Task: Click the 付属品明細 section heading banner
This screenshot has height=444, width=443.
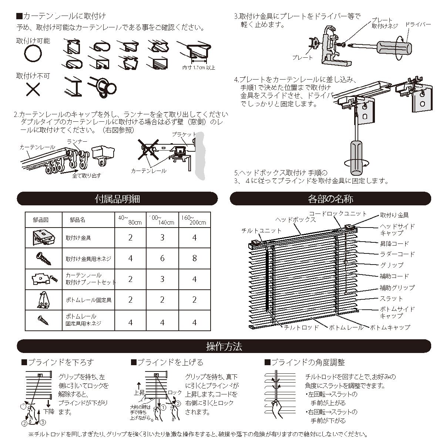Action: click(117, 199)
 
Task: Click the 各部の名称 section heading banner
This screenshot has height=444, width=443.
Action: click(330, 199)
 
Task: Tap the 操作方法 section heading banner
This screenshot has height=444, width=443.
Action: click(224, 346)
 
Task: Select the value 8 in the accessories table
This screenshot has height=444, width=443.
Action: click(195, 258)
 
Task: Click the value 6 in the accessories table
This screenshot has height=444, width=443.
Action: click(162, 258)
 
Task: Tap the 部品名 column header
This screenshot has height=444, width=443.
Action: click(77, 220)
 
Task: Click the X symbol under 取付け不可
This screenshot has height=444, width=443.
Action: click(33, 89)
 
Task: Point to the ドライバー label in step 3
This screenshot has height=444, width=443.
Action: click(418, 24)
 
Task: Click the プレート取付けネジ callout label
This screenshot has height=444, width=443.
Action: click(385, 23)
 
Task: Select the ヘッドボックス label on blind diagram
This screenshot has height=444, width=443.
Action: click(296, 219)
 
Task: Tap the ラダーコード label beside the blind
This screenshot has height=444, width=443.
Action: click(397, 254)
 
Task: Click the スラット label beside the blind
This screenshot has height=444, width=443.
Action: click(391, 298)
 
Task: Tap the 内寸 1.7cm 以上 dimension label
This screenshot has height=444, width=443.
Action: click(199, 68)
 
